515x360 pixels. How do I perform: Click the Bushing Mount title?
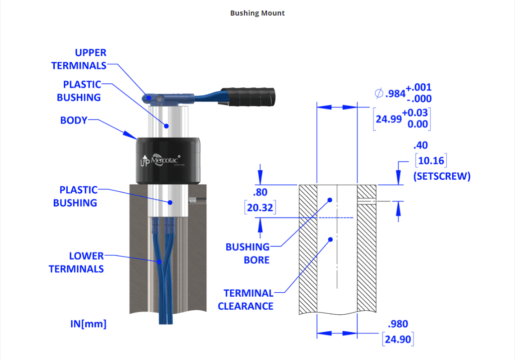[257, 13]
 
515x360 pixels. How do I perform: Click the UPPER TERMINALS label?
[79, 59]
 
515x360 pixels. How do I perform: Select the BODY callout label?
[74, 121]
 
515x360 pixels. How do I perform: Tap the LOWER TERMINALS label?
[76, 263]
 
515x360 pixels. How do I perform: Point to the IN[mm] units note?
[88, 324]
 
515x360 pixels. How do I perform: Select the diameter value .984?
[395, 93]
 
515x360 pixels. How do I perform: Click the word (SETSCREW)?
[442, 176]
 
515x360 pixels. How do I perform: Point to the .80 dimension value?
[261, 192]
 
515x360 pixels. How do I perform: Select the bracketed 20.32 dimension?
[260, 207]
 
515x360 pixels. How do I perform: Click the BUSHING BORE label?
[247, 253]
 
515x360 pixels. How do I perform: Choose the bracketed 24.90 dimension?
[398, 339]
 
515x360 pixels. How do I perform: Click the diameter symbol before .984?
[379, 93]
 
